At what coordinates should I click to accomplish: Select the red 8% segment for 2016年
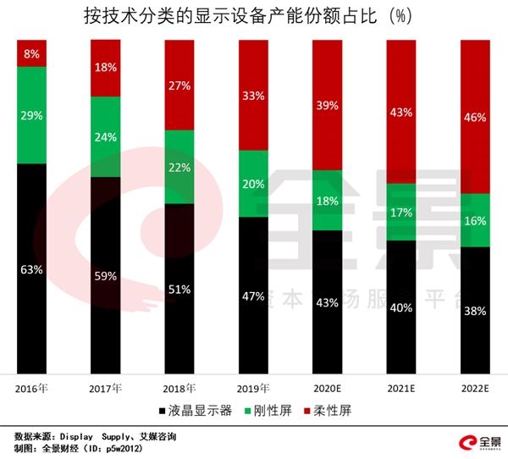(x=31, y=53)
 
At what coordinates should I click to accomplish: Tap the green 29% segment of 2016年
(x=31, y=114)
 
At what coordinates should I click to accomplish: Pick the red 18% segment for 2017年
(x=105, y=68)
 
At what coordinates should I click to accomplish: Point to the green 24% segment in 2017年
(x=105, y=136)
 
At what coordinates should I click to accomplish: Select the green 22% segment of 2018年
(x=179, y=167)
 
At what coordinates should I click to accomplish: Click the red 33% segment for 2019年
(x=253, y=95)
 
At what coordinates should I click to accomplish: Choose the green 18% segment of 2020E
(x=327, y=200)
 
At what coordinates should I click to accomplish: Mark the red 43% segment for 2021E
(x=401, y=111)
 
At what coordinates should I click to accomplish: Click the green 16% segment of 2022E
(x=475, y=220)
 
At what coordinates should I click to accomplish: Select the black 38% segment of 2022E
(x=475, y=310)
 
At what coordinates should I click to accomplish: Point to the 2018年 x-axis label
(x=179, y=388)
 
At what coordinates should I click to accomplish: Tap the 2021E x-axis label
(x=401, y=388)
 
